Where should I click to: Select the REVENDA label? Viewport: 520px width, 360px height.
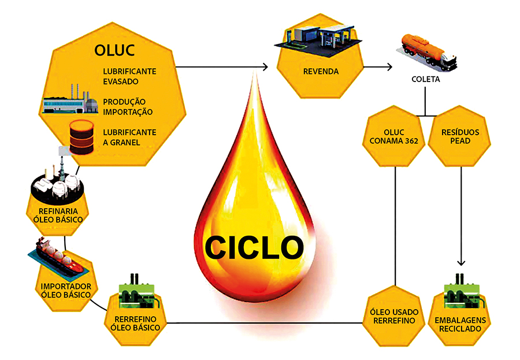point(320,72)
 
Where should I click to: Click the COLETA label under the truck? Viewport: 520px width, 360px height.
point(427,80)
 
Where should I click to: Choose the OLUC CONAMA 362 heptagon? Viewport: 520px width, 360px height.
point(395,135)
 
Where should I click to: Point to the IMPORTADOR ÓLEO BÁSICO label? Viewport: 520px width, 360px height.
point(65,291)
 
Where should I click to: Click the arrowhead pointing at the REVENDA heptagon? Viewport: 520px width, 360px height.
point(266,68)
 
